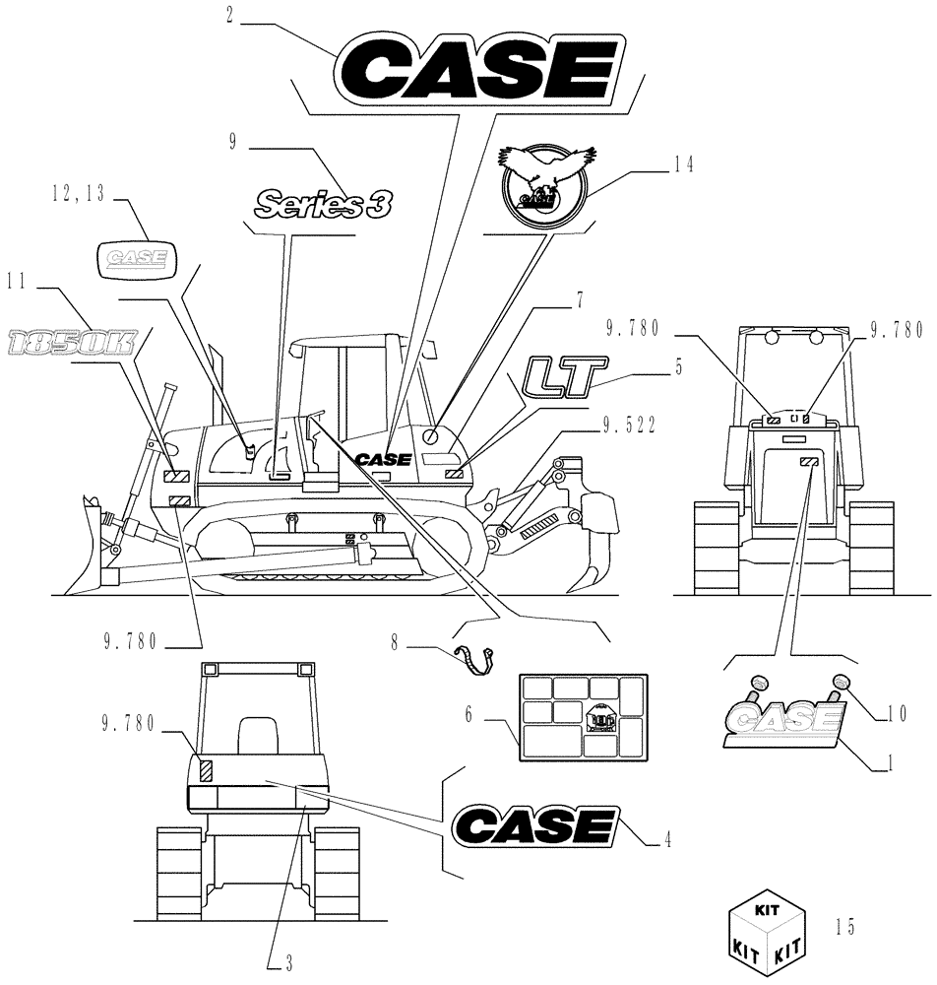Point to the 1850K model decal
tap(71, 343)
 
